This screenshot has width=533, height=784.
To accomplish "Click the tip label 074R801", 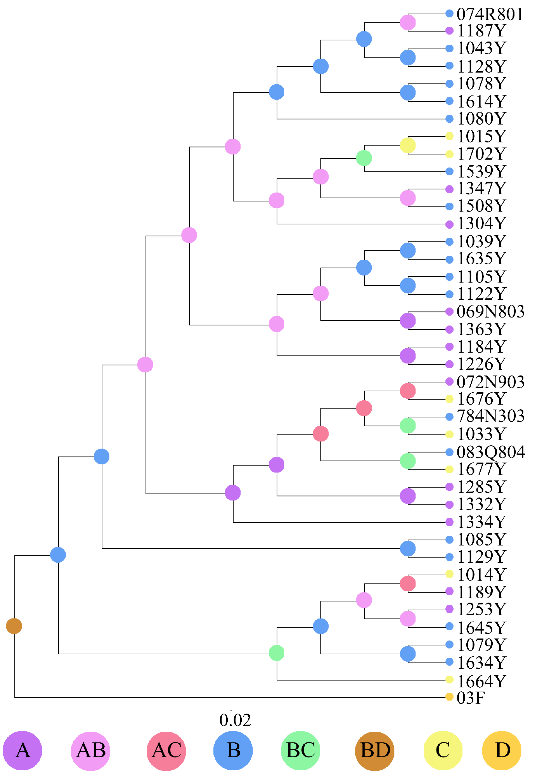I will click(489, 14).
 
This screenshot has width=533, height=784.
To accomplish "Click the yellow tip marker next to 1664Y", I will click(449, 679).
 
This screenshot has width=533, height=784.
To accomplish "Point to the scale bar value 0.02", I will click(235, 720).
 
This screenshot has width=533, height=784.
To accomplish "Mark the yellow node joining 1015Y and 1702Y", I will click(408, 145).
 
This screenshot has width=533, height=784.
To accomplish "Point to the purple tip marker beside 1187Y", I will click(449, 31).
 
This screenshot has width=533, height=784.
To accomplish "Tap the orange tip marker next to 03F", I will click(449, 697).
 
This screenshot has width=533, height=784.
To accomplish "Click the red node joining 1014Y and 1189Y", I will click(408, 584).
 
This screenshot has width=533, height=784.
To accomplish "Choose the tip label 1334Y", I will click(481, 522).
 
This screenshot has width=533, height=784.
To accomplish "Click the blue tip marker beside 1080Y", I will click(449, 119).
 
